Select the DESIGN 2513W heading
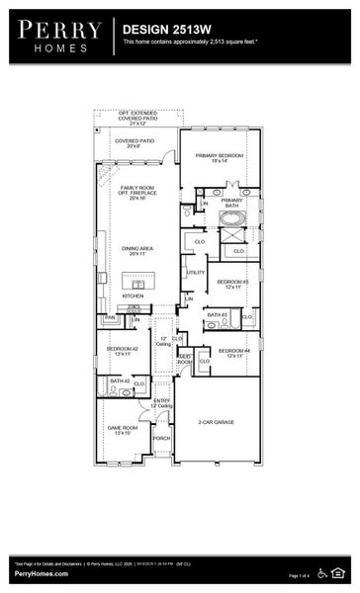(164, 31)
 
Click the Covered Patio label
(135, 143)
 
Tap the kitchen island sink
(138, 285)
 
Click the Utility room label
(195, 272)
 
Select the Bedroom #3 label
(233, 284)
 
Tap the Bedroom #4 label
(233, 353)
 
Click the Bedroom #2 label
(123, 350)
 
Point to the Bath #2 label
(120, 381)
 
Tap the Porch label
(161, 438)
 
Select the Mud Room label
(185, 362)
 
